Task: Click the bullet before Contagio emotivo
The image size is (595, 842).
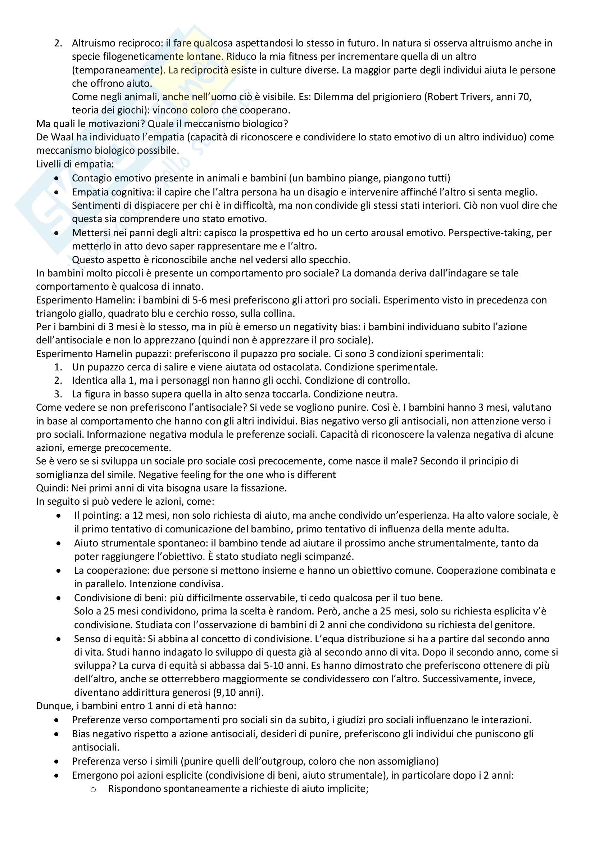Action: [x=56, y=178]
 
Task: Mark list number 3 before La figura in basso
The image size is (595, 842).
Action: [x=58, y=394]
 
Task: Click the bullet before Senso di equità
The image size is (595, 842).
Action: [x=59, y=639]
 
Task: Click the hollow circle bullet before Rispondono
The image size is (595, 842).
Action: [x=93, y=789]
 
